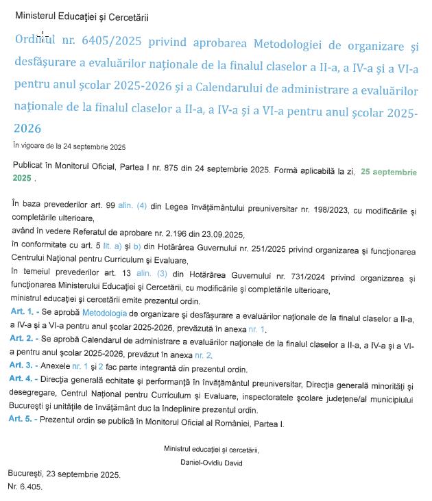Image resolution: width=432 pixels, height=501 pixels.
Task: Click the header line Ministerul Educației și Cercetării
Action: click(82, 16)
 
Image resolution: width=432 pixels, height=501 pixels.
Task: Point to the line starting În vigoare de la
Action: click(69, 146)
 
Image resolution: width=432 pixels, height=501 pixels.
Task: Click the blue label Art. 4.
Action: click(24, 378)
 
